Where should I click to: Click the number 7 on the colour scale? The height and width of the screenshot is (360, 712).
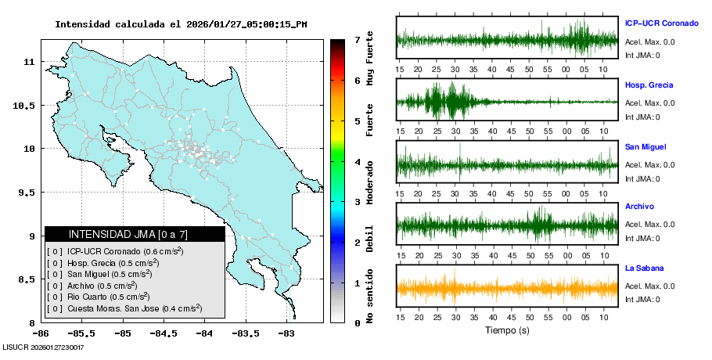click(357, 39)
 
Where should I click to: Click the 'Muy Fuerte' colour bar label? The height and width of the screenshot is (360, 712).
click(370, 59)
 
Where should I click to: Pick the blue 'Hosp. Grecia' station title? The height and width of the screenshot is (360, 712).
click(649, 85)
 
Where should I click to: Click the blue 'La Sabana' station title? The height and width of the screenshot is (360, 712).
click(643, 268)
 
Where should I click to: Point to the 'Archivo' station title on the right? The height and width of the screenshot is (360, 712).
click(641, 207)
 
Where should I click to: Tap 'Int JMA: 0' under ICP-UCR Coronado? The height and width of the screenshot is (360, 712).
click(642, 55)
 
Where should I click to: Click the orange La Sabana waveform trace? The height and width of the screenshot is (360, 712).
click(507, 288)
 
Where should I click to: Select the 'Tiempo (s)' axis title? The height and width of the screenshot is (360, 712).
click(507, 330)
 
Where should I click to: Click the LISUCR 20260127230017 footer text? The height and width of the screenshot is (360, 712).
click(44, 347)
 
